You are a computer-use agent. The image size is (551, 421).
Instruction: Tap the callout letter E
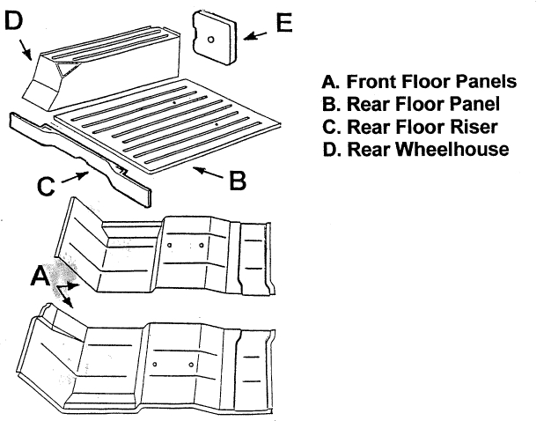pyautogui.click(x=283, y=23)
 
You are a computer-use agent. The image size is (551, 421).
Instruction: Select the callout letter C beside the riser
pyautogui.click(x=48, y=186)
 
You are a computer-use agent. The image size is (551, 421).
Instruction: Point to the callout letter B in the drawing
pyautogui.click(x=237, y=181)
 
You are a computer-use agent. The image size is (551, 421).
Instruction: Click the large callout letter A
pyautogui.click(x=40, y=277)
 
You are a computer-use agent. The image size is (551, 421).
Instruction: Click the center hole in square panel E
pyautogui.click(x=213, y=39)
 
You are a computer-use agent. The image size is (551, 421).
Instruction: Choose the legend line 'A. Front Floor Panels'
pyautogui.click(x=419, y=82)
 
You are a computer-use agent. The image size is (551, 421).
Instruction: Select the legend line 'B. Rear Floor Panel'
pyautogui.click(x=412, y=105)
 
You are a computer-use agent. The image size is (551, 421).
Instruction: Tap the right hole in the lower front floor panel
pyautogui.click(x=191, y=364)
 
